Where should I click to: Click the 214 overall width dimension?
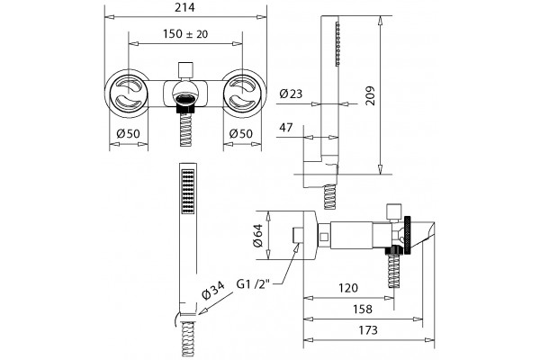184,7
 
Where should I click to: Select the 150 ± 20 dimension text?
185,34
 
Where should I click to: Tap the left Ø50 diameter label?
128,133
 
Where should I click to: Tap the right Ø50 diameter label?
241,133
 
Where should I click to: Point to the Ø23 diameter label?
291,94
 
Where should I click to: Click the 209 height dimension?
371,95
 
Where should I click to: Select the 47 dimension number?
286,128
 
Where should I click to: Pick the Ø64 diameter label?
258,236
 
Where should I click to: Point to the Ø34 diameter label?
213,291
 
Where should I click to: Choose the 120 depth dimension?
348,288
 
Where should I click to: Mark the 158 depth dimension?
363,309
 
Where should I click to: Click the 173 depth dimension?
368,330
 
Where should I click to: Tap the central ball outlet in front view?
185,93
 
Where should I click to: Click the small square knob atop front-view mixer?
185,70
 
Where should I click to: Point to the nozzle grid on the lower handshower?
188,192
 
